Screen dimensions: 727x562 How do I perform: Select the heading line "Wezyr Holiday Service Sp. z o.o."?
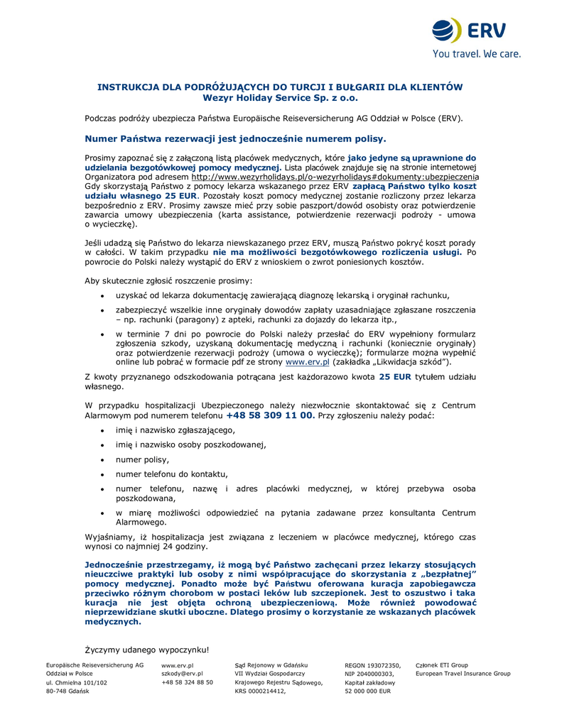tap(280, 98)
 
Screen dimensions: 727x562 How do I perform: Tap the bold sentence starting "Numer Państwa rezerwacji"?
tap(235, 138)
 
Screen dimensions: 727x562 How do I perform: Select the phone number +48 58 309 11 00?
tap(270, 415)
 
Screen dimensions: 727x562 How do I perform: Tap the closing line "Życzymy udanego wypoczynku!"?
tap(147, 649)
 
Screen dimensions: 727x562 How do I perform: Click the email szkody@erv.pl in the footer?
tap(182, 673)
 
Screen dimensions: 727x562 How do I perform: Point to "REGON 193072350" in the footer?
tap(372, 665)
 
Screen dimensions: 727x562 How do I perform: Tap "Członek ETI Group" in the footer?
tap(441, 665)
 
